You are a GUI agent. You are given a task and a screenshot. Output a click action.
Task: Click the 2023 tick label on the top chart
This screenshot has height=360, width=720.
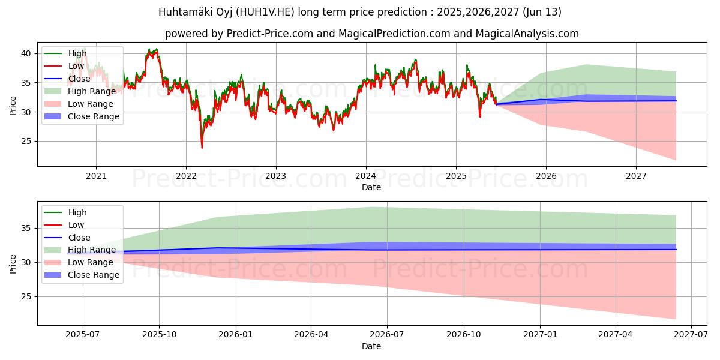click(x=275, y=176)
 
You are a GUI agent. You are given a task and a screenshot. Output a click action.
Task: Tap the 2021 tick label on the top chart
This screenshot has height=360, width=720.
click(x=96, y=176)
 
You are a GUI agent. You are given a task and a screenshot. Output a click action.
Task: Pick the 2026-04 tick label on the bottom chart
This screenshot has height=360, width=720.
click(x=311, y=335)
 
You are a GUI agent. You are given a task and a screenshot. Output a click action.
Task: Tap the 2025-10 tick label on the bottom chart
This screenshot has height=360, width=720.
click(x=159, y=335)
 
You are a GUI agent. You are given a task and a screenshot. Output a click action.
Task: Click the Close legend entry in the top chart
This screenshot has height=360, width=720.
click(x=79, y=79)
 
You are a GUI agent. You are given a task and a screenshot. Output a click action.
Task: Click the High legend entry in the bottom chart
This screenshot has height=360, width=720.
click(x=77, y=212)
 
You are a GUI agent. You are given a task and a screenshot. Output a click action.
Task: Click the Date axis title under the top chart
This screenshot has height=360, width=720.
click(x=371, y=187)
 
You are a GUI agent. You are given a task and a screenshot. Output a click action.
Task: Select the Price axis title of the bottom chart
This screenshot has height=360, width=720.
click(x=13, y=263)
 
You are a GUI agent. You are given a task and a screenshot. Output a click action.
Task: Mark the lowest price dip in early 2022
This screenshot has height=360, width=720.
click(x=202, y=148)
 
